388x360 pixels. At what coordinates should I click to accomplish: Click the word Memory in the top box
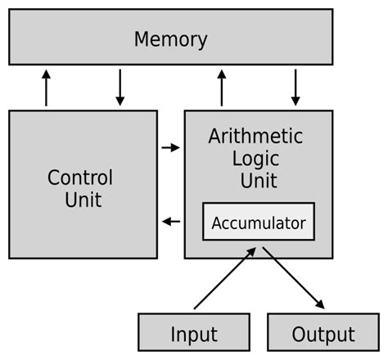point(170,38)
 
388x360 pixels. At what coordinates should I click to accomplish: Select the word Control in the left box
point(80,178)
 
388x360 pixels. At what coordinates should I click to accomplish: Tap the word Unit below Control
point(83,199)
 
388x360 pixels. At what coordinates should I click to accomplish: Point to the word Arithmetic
point(255,136)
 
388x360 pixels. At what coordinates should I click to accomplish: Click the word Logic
point(255,158)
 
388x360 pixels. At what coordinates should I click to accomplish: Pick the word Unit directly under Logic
point(255,180)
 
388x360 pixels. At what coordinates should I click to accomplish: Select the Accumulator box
point(258,222)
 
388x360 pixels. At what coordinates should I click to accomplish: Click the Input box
point(194,334)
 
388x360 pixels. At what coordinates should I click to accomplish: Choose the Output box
point(323,334)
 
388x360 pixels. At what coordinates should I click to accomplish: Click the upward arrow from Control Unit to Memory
point(46,88)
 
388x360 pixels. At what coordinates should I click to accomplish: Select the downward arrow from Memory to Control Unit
point(120,88)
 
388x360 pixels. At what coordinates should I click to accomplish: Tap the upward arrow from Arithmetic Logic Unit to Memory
point(221,88)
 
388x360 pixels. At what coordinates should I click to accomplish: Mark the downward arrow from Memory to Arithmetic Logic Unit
point(295,88)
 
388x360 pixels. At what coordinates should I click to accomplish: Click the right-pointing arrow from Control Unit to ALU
point(170,148)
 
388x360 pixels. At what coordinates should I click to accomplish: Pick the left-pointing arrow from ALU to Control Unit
point(170,221)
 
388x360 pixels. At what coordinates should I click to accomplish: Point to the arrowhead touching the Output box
point(319,304)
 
